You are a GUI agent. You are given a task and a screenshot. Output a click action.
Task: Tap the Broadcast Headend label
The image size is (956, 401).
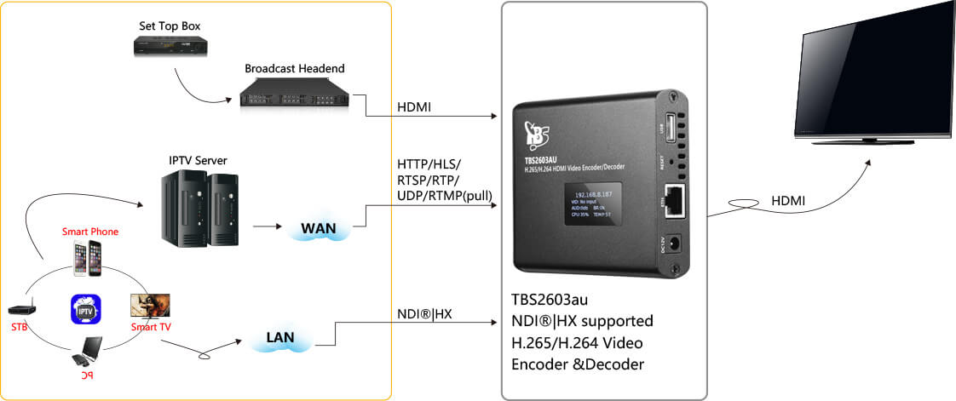coord(294,68)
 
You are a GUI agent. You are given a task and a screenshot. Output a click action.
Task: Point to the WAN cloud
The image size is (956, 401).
coord(314,228)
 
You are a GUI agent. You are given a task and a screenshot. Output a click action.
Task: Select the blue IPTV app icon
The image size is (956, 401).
coord(86,308)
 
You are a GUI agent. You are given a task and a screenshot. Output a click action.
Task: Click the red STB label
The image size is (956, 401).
coord(19,326)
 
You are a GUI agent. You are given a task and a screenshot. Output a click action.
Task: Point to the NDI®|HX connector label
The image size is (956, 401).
coord(425,314)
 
